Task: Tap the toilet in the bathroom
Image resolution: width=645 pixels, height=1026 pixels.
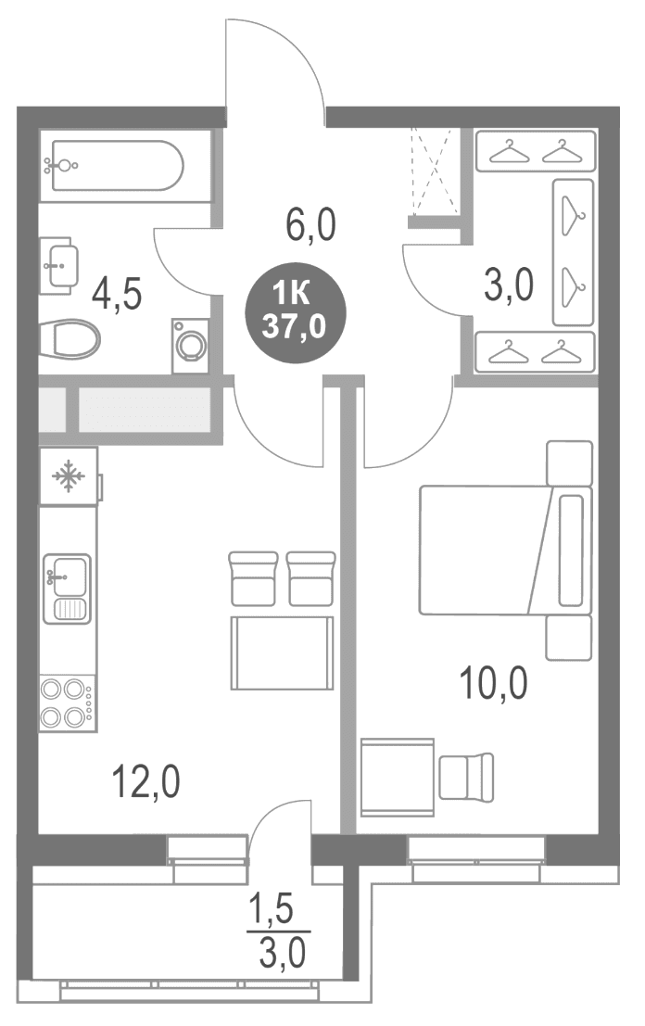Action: pyautogui.click(x=70, y=339)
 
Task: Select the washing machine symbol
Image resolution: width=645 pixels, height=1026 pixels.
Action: pyautogui.click(x=190, y=346)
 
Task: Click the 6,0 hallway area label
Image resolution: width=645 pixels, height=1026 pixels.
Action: pyautogui.click(x=310, y=224)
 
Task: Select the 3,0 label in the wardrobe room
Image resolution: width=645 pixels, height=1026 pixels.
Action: pyautogui.click(x=508, y=286)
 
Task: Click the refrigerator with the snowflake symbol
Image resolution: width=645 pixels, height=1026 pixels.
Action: pyautogui.click(x=69, y=475)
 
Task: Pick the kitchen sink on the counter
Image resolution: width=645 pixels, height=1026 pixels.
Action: pyautogui.click(x=67, y=589)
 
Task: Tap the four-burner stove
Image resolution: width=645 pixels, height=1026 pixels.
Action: pyautogui.click(x=67, y=703)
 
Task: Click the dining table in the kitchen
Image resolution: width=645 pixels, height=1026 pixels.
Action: pyautogui.click(x=282, y=652)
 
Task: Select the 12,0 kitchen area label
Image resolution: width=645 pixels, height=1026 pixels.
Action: pyautogui.click(x=145, y=782)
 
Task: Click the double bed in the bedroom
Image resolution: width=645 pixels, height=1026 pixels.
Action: pyautogui.click(x=505, y=550)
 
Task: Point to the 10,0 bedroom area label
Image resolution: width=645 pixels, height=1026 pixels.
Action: pyautogui.click(x=493, y=684)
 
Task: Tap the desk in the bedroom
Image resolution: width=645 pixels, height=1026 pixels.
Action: pyautogui.click(x=397, y=778)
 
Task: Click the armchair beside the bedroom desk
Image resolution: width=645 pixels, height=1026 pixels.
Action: pyautogui.click(x=466, y=776)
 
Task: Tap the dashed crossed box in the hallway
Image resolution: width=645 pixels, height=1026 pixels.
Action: pyautogui.click(x=433, y=171)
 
